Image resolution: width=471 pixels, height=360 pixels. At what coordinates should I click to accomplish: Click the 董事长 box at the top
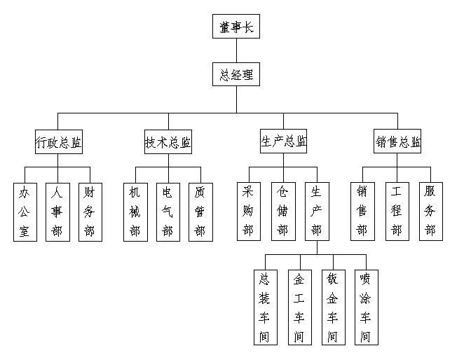[236, 28]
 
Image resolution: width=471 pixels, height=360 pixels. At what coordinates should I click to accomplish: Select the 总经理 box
[236, 74]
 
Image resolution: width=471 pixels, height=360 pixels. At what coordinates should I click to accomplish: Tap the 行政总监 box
[58, 143]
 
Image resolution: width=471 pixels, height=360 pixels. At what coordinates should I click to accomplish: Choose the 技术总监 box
[168, 143]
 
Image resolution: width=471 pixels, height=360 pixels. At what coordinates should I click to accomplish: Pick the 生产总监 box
[283, 141]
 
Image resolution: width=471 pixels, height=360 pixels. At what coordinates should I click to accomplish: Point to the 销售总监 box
[398, 143]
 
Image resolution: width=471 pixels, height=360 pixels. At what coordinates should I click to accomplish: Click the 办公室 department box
[25, 212]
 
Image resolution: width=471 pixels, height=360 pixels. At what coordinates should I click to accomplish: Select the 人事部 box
[57, 212]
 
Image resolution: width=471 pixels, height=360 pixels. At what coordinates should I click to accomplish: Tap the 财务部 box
[90, 212]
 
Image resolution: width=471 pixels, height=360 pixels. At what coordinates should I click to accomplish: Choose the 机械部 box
[135, 212]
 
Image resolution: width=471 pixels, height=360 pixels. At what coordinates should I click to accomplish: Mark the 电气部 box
[168, 212]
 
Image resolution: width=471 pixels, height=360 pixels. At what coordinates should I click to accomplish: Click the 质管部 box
[200, 212]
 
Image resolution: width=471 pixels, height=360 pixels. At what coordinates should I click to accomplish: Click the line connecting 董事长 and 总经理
[236, 50]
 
